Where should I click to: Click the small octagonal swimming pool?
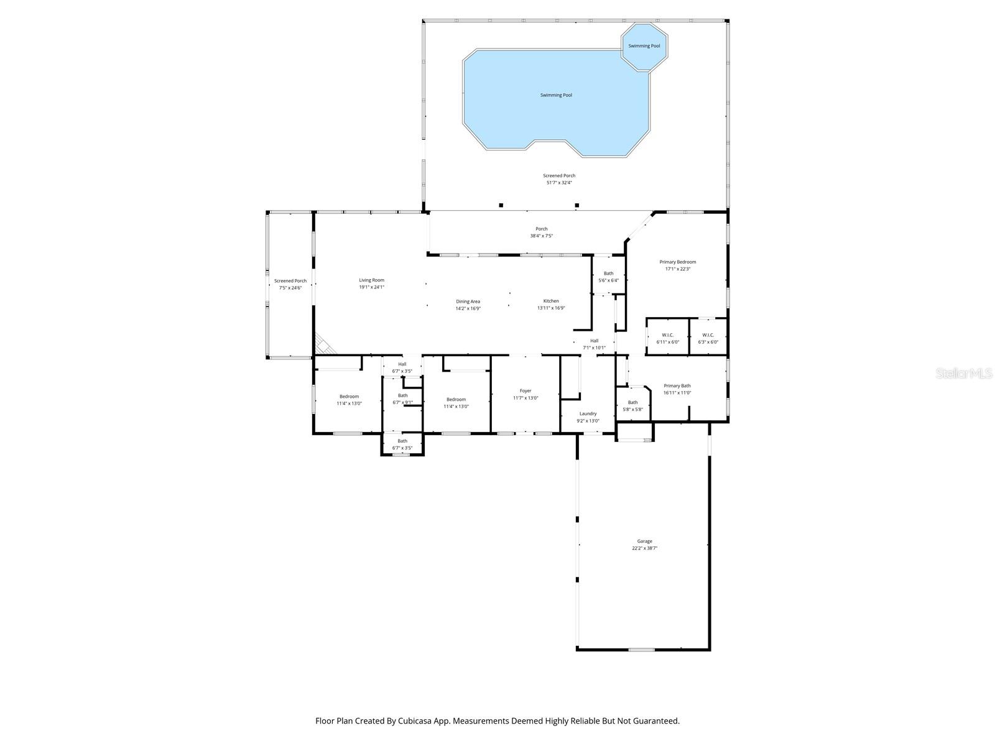(644, 46)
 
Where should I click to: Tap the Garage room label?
(644, 541)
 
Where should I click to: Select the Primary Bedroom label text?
(677, 262)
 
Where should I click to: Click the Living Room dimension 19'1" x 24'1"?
(371, 287)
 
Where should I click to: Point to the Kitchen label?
(551, 301)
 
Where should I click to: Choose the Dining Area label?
(468, 302)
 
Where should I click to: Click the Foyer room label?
(525, 391)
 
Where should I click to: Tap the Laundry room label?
(588, 414)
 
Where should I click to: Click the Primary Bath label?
(677, 386)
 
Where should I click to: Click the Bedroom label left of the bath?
(349, 397)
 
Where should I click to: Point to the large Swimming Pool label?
(556, 95)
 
